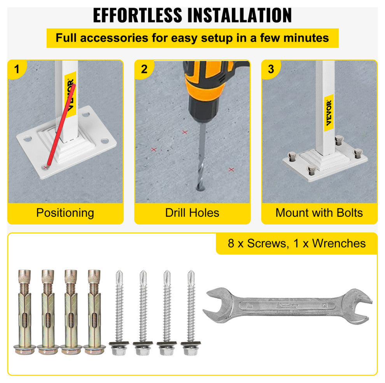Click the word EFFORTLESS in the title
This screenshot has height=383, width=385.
(x=138, y=15)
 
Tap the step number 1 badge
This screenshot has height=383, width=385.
(x=17, y=69)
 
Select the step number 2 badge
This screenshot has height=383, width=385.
(x=144, y=69)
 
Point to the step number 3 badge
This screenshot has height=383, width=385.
(x=271, y=69)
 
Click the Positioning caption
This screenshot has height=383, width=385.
(x=65, y=213)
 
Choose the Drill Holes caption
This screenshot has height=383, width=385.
(x=192, y=212)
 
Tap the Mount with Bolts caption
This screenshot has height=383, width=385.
(x=319, y=212)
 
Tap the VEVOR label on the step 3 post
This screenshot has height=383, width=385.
(x=329, y=113)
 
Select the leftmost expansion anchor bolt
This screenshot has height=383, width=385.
(x=24, y=312)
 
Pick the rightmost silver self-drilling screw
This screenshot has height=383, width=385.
(x=191, y=313)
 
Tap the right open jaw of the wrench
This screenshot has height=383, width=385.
(x=357, y=306)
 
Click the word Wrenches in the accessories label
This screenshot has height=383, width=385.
(x=339, y=244)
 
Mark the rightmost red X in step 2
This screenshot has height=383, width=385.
(x=231, y=169)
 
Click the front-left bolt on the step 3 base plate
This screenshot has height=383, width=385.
(x=311, y=170)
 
